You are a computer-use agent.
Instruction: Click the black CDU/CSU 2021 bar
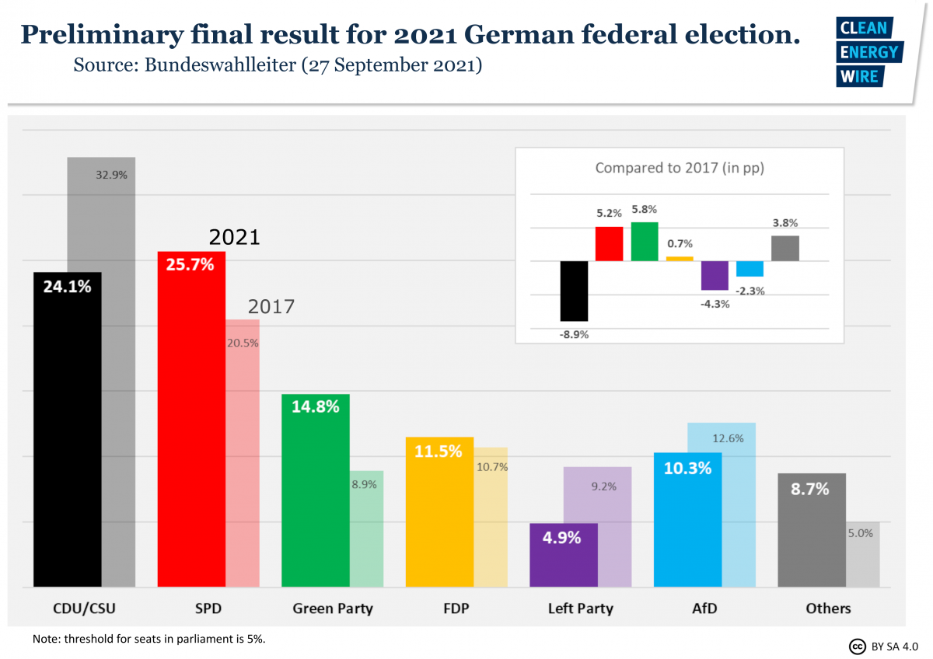68,435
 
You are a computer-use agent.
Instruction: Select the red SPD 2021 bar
191,420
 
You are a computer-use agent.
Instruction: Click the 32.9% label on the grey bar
111,175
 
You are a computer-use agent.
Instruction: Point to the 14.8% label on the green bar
315,406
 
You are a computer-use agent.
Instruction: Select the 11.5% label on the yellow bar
439,451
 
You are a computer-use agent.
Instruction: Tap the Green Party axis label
333,608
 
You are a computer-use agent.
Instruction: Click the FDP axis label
456,608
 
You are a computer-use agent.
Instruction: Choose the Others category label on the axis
828,608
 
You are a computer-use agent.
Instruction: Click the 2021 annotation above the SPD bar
234,237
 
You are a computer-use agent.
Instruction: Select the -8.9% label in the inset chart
574,334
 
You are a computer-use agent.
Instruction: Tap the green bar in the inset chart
645,242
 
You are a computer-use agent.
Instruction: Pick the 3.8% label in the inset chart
784,223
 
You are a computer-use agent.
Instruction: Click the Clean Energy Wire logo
868,51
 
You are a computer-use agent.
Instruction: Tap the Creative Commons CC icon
857,646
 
